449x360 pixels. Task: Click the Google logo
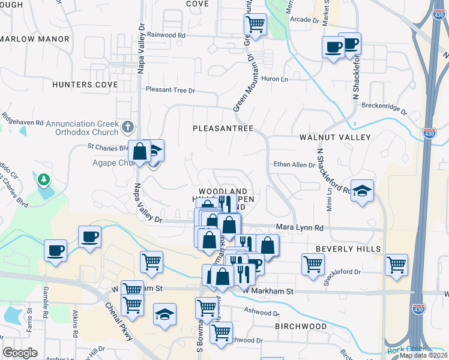point(20,353)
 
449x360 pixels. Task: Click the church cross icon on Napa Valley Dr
point(127,127)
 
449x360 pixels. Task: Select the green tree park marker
point(43,179)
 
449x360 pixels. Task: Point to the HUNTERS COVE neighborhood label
point(85,85)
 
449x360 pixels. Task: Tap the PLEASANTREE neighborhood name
point(223,128)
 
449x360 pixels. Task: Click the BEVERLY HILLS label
point(348,248)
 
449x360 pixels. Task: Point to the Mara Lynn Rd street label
point(300,228)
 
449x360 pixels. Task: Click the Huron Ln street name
point(276,79)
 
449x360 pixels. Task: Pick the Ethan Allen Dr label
point(294,164)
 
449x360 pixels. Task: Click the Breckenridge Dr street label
point(384,108)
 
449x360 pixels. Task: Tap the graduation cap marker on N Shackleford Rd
point(362,191)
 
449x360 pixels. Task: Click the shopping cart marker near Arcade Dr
point(255,25)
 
